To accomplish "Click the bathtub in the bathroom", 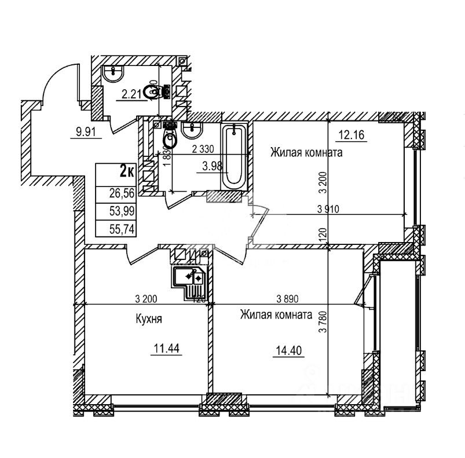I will pos(234,156).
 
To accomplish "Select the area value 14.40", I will pos(288,350).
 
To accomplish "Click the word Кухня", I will pos(149,318).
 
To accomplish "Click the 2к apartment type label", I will pos(127,171).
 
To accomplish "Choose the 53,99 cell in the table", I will pos(121,211).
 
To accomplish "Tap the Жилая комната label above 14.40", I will pos(276,316).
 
